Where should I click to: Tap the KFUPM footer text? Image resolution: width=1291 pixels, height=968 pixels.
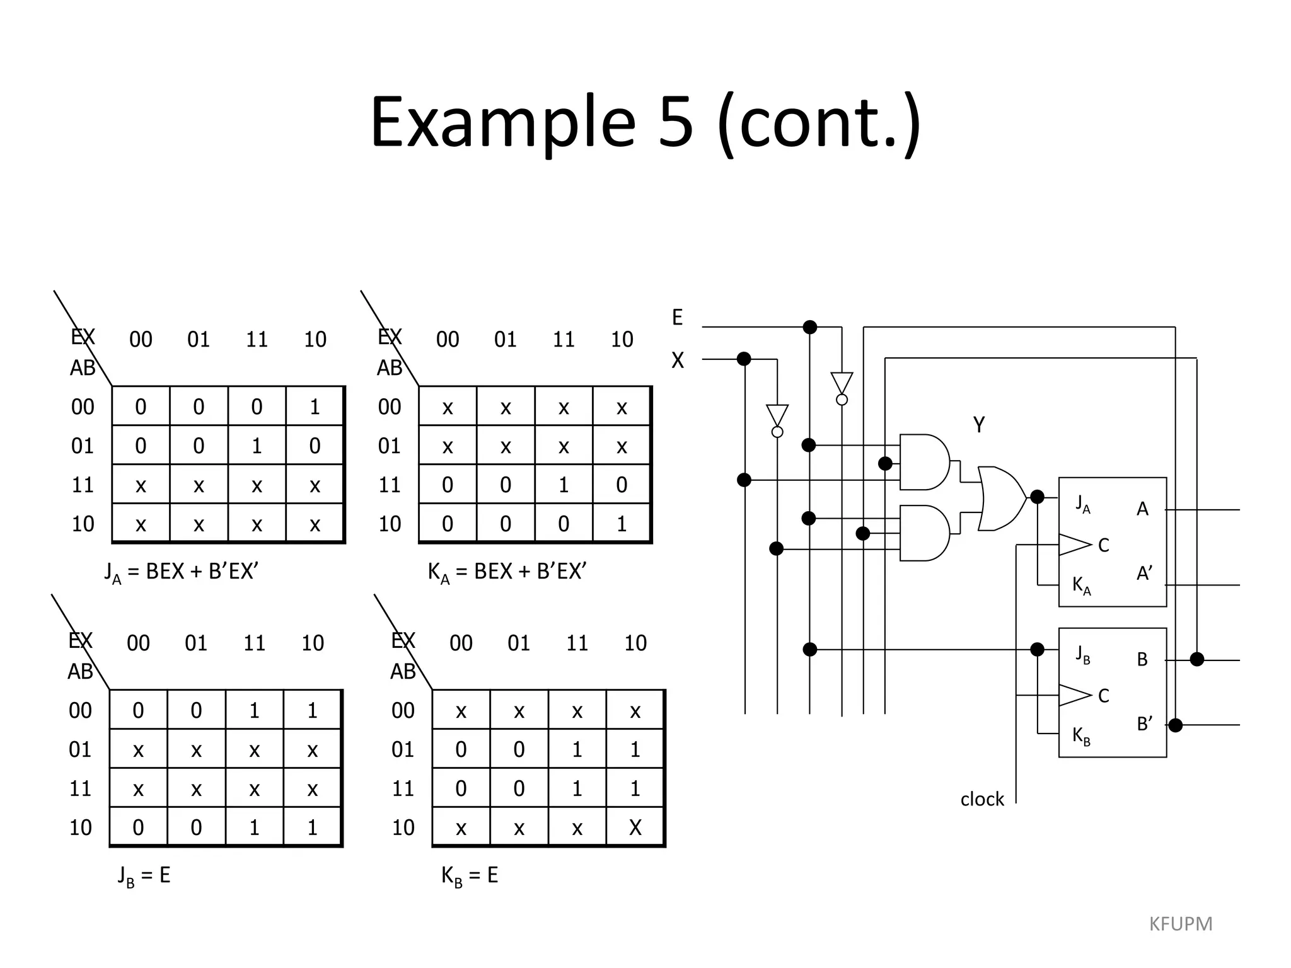[x=1180, y=924]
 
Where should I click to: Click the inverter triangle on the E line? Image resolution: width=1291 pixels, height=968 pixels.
[x=842, y=383]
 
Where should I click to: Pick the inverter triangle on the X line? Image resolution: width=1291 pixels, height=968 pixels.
[x=777, y=416]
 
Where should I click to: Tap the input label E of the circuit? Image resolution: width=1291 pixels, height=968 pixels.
[x=677, y=318]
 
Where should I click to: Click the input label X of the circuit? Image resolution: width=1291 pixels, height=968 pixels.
[x=677, y=360]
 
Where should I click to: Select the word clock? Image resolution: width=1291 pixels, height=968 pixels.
[x=981, y=799]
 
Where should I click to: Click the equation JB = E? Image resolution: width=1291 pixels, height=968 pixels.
[x=144, y=875]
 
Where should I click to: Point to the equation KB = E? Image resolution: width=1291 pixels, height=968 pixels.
[x=470, y=875]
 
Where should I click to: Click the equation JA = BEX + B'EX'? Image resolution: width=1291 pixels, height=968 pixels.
[x=182, y=572]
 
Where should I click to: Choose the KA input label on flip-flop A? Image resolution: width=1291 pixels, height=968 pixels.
[x=1081, y=585]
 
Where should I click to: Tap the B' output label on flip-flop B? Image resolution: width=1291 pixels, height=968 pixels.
[x=1144, y=724]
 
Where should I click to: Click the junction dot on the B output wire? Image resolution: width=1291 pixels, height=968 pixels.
[x=1196, y=659]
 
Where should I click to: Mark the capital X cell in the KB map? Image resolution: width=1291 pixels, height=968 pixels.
[x=635, y=827]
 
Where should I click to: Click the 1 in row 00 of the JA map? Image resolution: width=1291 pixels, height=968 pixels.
[x=315, y=407]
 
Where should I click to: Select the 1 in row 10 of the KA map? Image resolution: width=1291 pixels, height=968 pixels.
[x=622, y=524]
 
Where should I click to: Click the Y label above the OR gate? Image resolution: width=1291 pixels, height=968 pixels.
[x=978, y=425]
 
